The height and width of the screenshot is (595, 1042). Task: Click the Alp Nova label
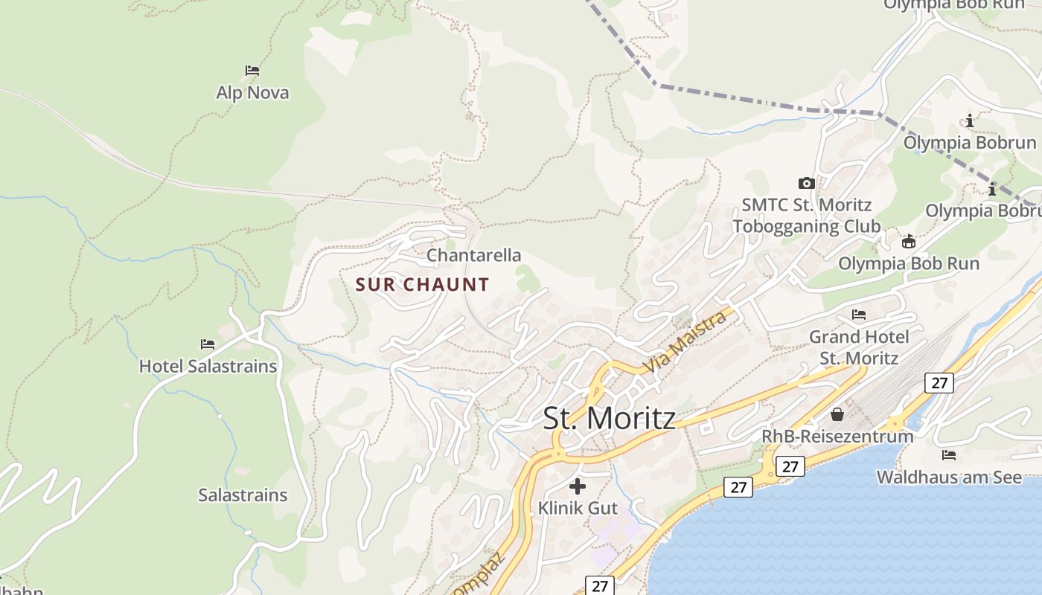(252, 93)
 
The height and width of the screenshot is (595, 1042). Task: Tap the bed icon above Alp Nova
(252, 71)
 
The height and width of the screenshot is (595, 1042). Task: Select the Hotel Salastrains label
(208, 366)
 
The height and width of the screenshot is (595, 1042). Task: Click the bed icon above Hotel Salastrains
(208, 344)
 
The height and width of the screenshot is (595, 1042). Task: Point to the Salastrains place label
(243, 495)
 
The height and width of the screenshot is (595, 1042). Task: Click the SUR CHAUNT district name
(422, 284)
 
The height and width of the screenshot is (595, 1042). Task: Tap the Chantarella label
(473, 255)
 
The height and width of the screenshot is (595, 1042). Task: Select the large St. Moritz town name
(609, 418)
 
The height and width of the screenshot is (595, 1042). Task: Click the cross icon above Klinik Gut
(578, 486)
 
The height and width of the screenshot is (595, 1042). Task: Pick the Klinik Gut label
(578, 508)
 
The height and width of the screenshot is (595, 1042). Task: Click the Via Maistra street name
(685, 343)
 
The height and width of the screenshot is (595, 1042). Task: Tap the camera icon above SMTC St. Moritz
(806, 183)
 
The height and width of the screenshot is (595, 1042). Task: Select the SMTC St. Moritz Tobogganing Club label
(806, 215)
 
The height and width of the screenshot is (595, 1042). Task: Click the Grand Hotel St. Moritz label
(859, 347)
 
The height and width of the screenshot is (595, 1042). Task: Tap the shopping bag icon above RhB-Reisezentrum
(837, 414)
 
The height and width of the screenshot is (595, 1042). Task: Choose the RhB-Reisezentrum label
(837, 436)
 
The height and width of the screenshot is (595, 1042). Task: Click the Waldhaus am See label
(949, 477)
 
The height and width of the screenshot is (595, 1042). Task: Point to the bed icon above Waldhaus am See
(949, 454)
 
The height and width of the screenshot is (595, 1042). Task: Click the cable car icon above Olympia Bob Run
(908, 241)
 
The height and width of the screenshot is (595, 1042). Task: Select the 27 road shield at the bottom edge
(600, 585)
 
